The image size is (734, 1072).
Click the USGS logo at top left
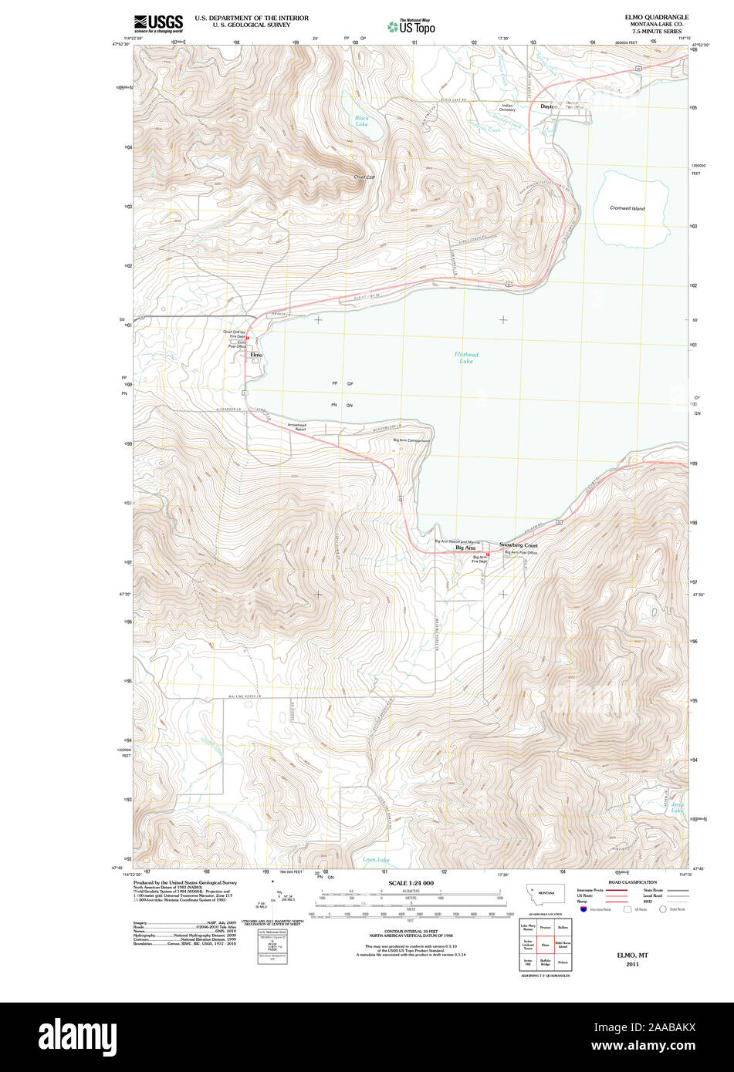pyautogui.click(x=158, y=22)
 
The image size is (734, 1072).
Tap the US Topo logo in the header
pyautogui.click(x=411, y=27)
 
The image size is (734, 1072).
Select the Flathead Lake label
pyautogui.click(x=466, y=358)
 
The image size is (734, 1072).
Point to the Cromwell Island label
pyautogui.click(x=627, y=208)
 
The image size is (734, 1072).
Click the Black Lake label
pyautogui.click(x=361, y=121)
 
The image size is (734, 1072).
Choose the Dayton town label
pyautogui.click(x=548, y=106)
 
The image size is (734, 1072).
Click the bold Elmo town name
pyautogui.click(x=256, y=355)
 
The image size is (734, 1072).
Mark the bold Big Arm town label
pyautogui.click(x=465, y=548)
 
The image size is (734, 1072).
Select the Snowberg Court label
pyautogui.click(x=518, y=545)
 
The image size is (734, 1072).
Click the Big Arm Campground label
pyautogui.click(x=411, y=440)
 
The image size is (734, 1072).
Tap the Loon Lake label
pyautogui.click(x=376, y=859)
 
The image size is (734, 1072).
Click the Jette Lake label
pyautogui.click(x=677, y=807)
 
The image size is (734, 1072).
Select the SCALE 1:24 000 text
pyautogui.click(x=411, y=883)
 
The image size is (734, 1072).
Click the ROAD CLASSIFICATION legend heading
pyautogui.click(x=632, y=882)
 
